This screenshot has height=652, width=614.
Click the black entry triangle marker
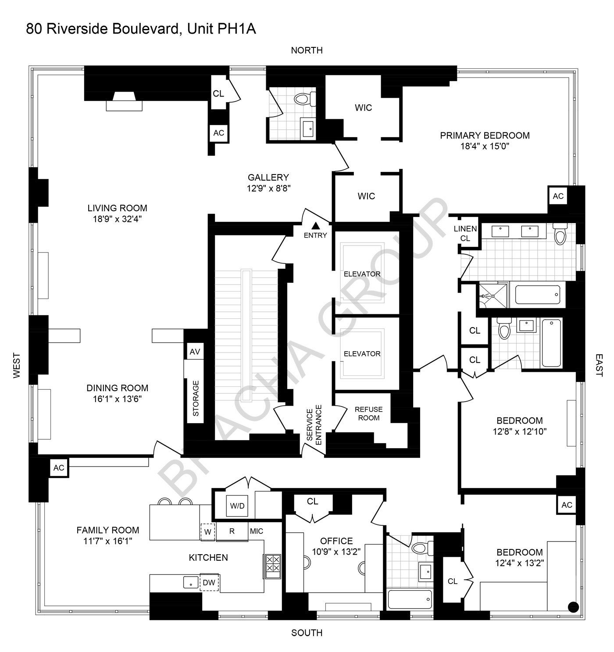[x=315, y=226]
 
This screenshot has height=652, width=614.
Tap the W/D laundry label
[x=237, y=506]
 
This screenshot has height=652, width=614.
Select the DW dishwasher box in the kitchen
[x=209, y=582]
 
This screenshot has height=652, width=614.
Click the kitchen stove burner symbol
[x=272, y=563]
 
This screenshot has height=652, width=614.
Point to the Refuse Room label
[x=368, y=413]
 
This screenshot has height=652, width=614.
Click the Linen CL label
[x=465, y=233]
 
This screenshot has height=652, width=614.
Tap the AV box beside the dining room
[x=195, y=352]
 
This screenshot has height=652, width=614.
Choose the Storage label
[x=196, y=398]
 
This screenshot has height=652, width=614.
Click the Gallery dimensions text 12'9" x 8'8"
[x=268, y=188]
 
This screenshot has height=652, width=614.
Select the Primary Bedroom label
[x=485, y=135]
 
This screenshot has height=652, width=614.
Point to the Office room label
[x=336, y=541]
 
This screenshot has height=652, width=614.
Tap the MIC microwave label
[x=257, y=531]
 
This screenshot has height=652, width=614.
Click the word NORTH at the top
[x=307, y=50]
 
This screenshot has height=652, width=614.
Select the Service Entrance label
[x=314, y=425]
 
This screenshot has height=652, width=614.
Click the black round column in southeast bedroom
[x=573, y=607]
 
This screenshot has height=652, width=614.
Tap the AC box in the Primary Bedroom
[x=558, y=196]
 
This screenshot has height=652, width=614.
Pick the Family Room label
[x=108, y=530]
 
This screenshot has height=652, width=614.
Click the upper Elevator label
[x=362, y=274]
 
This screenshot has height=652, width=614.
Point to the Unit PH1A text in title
[x=221, y=29]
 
